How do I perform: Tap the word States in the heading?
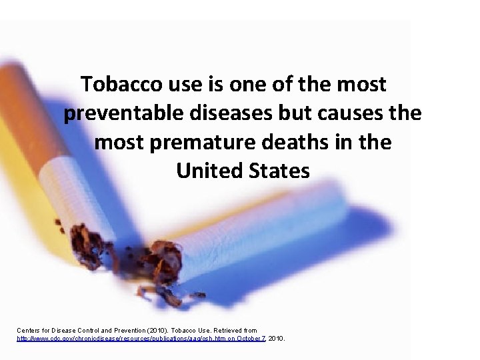pos(279,171)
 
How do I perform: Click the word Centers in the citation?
pos(30,331)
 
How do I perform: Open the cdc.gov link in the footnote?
pos(101,339)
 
